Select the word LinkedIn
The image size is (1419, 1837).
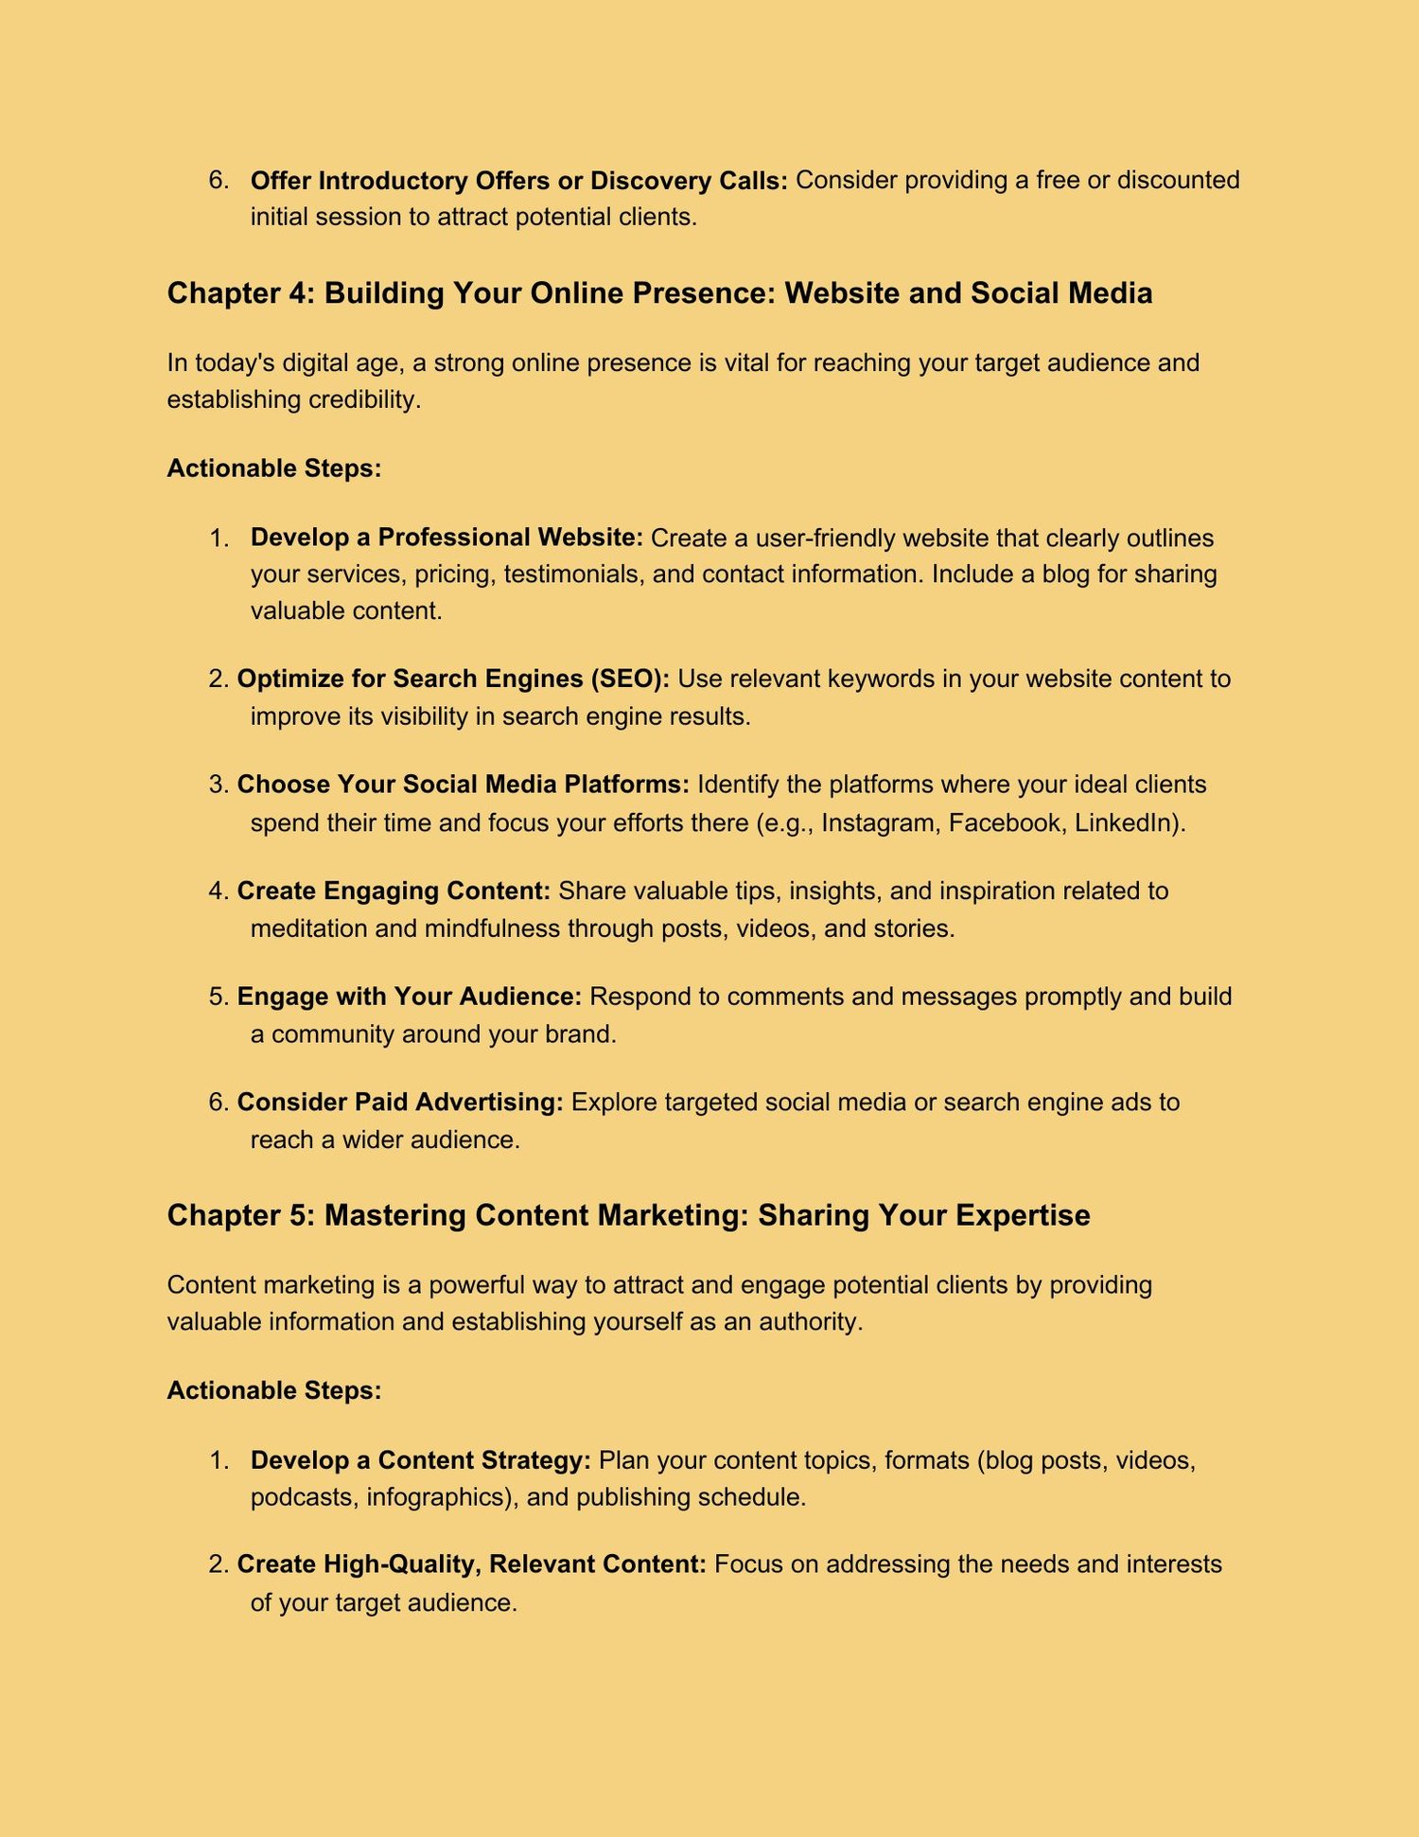tap(1128, 822)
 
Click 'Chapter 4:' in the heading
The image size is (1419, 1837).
tap(239, 293)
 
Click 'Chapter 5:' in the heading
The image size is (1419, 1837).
tap(239, 1215)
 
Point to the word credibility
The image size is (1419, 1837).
tap(364, 399)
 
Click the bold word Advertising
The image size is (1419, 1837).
tap(489, 1102)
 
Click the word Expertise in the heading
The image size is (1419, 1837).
tap(1023, 1215)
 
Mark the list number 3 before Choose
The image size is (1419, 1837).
tap(218, 785)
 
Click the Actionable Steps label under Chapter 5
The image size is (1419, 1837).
tap(274, 1390)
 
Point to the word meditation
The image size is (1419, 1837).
tap(308, 927)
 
